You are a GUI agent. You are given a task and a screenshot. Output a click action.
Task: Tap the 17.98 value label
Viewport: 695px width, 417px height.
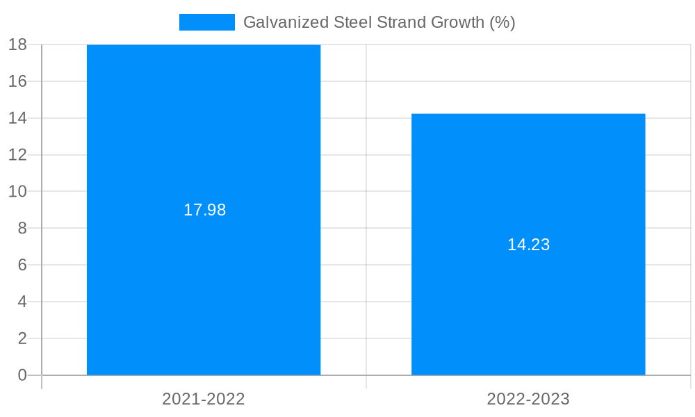(x=204, y=210)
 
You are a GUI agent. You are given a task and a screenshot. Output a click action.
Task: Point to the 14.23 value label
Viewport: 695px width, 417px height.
(x=528, y=245)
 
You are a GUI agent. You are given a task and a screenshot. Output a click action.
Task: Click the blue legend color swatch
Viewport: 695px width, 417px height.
(x=206, y=22)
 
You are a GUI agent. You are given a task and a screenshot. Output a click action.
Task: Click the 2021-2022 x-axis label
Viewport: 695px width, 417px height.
(x=204, y=399)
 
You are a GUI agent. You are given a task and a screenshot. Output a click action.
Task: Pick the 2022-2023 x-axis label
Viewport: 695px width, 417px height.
(x=528, y=399)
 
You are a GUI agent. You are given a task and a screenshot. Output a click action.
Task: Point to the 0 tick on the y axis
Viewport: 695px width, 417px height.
(x=22, y=375)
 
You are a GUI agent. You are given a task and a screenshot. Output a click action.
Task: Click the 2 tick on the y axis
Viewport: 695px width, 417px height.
(x=22, y=338)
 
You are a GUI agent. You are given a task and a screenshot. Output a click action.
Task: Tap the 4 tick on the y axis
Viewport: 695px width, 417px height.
(x=22, y=302)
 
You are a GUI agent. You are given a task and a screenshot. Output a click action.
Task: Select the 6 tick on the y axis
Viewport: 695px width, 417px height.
(x=22, y=265)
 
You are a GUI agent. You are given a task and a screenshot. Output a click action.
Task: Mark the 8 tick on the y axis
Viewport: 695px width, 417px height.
(x=22, y=228)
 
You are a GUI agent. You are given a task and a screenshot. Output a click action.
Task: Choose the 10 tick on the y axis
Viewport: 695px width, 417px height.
(x=17, y=191)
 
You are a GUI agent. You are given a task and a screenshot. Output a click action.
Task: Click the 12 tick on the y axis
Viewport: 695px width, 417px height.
(x=17, y=154)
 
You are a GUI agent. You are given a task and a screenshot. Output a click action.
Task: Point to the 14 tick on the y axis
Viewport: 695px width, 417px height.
(x=17, y=118)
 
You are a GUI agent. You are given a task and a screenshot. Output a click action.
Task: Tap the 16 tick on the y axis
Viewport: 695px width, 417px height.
(x=17, y=81)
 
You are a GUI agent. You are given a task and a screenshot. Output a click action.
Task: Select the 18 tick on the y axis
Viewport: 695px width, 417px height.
(x=17, y=44)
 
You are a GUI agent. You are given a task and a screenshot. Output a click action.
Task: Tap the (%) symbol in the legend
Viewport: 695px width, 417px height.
(x=502, y=22)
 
